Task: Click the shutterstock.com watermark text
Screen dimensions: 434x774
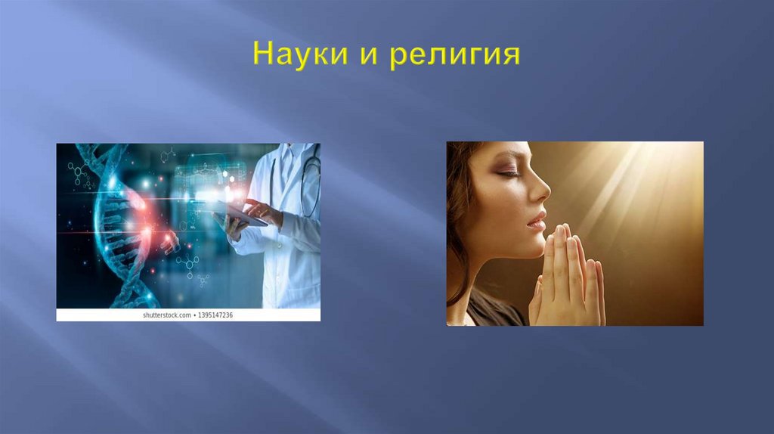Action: [x=167, y=315]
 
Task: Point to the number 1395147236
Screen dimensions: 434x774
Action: [x=215, y=315]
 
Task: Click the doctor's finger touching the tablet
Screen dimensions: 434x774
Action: [x=250, y=204]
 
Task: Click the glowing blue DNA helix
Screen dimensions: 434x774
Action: [x=113, y=227]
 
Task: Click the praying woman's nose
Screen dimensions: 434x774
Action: [x=542, y=191]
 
